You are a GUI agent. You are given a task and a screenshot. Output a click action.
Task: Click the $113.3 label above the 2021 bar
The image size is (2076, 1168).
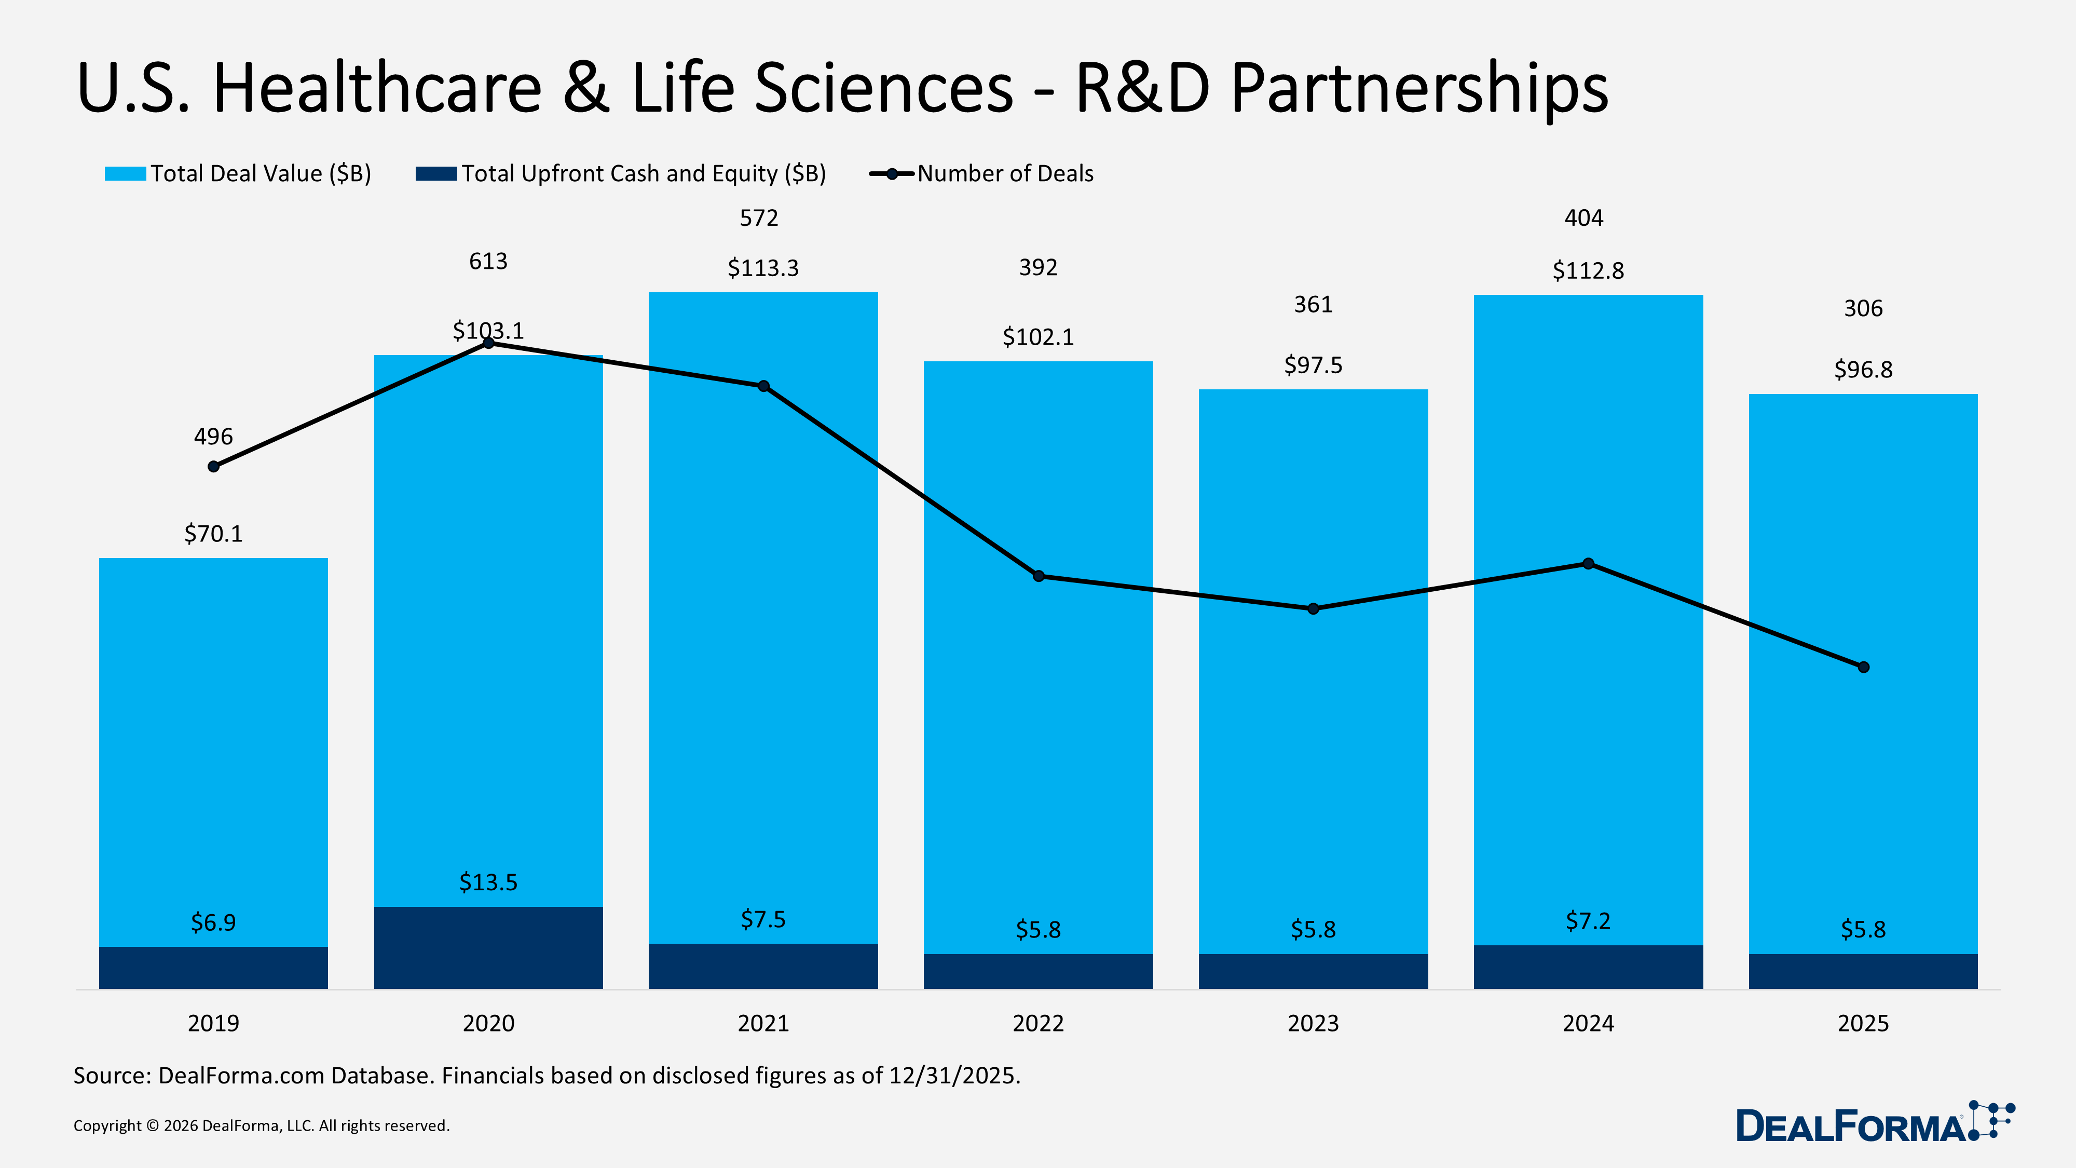[x=762, y=268]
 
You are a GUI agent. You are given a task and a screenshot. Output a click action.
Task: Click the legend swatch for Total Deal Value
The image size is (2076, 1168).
[x=125, y=174]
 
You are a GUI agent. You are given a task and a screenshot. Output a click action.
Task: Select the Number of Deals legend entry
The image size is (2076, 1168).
[x=1004, y=173]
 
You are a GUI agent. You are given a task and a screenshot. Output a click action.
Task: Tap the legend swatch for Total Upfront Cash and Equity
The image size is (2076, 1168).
[x=436, y=174]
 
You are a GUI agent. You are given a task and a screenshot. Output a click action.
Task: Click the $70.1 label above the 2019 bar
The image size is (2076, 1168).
[x=213, y=534]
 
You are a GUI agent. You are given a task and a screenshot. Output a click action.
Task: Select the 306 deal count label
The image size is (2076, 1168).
[x=1863, y=309]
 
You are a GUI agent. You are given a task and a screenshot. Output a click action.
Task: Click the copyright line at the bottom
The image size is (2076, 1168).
[x=261, y=1125]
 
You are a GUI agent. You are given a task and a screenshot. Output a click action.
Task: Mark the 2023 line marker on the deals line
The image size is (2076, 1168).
[x=1313, y=608]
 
